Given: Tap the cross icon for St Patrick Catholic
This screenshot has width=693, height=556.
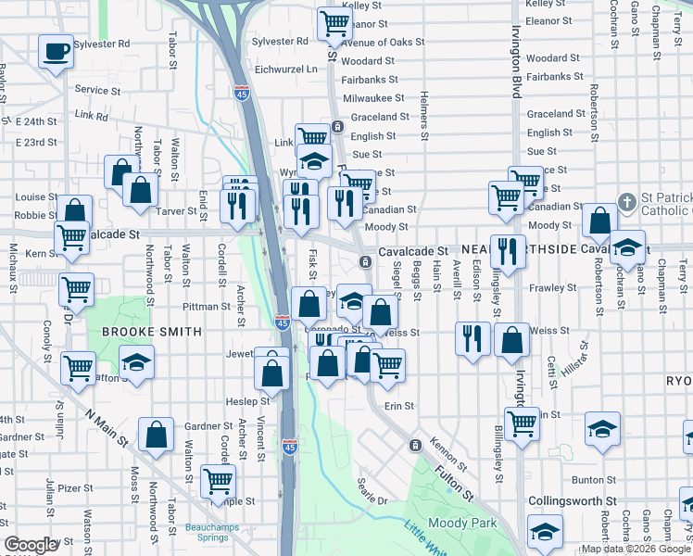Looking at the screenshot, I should pos(627,202).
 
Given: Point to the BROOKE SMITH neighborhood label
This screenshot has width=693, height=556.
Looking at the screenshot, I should pos(152,331).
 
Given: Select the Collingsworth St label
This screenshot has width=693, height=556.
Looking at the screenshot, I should pos(572,500).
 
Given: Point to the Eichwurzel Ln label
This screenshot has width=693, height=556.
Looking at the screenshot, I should pos(285,69).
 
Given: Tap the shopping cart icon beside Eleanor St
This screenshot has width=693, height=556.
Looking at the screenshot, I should pos(334,24).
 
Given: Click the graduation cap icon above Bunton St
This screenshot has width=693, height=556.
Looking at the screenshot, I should pos(602,428).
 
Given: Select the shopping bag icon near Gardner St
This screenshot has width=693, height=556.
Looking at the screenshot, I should pos(156,433).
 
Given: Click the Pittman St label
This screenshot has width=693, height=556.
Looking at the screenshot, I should pos(206,306).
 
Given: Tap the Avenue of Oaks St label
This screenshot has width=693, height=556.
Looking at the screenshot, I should pos(383,43).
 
